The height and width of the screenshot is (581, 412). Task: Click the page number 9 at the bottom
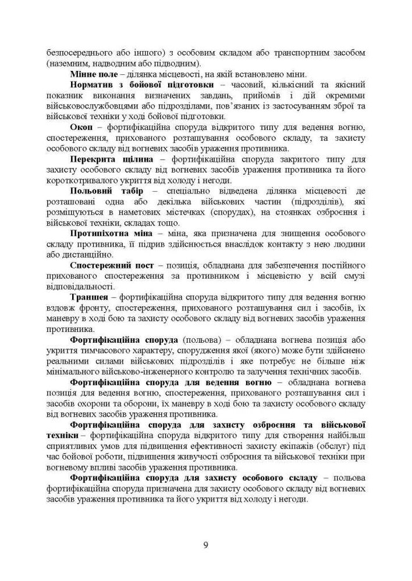[206, 544]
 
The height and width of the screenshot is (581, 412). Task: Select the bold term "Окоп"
[81, 127]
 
